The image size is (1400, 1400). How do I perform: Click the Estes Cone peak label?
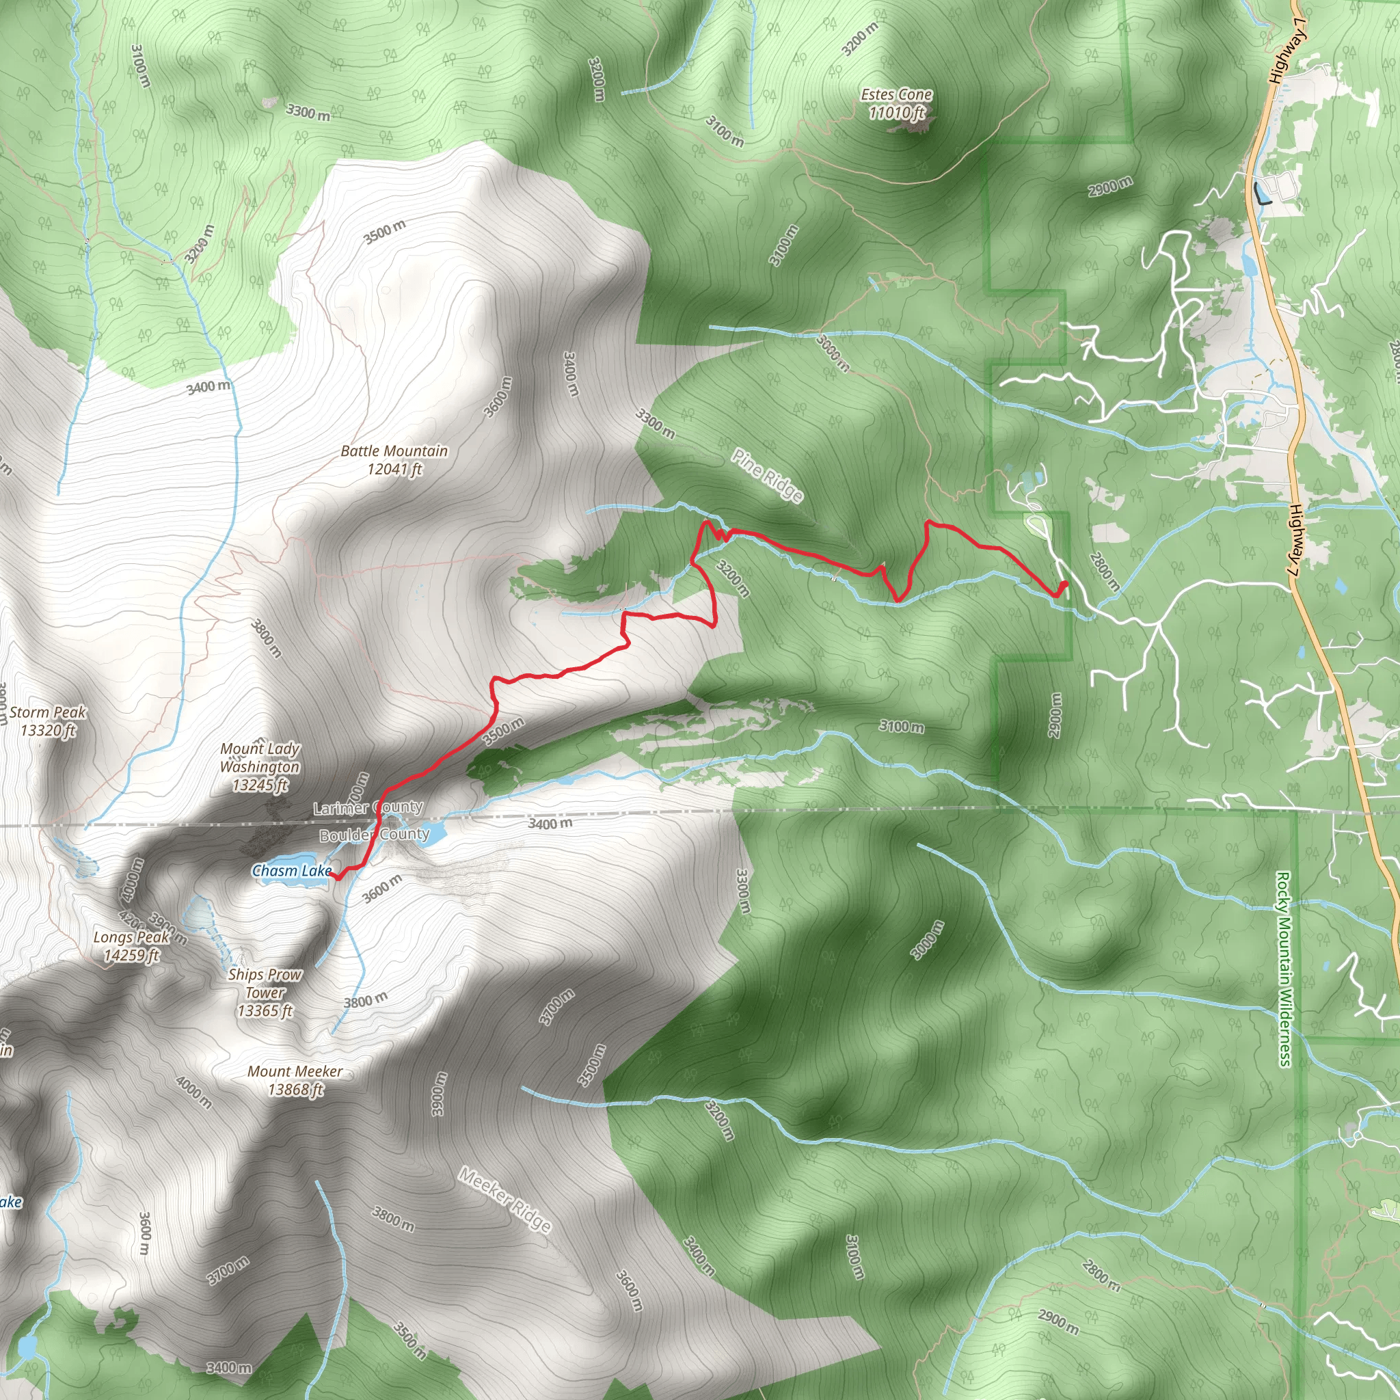click(x=896, y=104)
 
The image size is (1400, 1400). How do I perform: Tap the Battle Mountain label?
click(x=394, y=460)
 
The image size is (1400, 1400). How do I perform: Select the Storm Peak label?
click(x=48, y=721)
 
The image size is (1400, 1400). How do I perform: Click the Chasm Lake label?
click(x=291, y=870)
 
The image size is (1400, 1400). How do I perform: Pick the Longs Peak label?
click(x=131, y=945)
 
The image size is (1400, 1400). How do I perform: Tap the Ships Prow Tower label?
click(x=265, y=992)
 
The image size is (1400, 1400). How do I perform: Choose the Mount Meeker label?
click(x=295, y=1079)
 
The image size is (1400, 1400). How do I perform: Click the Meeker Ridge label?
click(x=505, y=1199)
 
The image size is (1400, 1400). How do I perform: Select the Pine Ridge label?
click(x=768, y=475)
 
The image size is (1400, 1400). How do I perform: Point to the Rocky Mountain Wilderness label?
click(x=1283, y=969)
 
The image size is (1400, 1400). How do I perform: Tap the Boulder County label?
click(x=375, y=835)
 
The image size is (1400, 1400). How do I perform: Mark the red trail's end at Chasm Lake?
click(x=331, y=874)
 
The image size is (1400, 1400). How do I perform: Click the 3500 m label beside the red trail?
click(x=503, y=731)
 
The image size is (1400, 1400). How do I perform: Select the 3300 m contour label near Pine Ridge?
click(x=655, y=424)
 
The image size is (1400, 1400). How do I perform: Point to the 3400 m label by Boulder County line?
click(x=550, y=823)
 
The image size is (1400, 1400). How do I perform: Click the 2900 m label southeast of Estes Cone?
click(x=1109, y=186)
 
